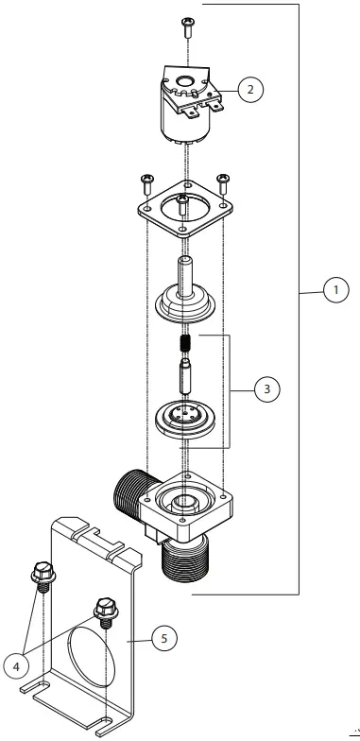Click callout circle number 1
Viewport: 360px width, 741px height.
coord(336,289)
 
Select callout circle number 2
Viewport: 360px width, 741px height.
coord(250,89)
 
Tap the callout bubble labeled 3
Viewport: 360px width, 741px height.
coord(266,389)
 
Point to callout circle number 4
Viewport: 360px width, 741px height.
coord(16,667)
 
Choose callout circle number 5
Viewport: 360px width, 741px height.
coord(164,639)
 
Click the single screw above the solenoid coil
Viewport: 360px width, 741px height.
coord(188,27)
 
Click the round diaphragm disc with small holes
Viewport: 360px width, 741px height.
coord(185,418)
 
